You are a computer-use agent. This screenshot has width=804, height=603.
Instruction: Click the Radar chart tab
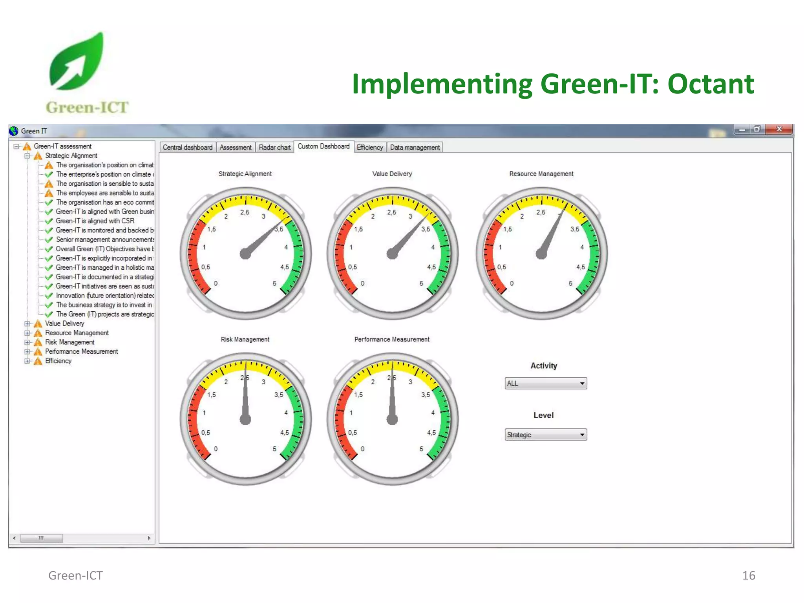[274, 148]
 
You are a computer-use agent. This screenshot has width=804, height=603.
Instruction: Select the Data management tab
[415, 148]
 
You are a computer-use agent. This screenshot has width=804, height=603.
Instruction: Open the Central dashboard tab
[187, 148]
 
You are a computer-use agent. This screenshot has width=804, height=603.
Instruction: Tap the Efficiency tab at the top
[369, 148]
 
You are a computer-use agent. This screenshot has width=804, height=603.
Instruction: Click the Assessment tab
[236, 148]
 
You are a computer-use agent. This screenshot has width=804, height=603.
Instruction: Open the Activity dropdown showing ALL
[545, 383]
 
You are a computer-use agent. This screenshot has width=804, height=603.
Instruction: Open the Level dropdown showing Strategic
[545, 435]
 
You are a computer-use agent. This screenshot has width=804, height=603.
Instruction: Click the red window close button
[779, 129]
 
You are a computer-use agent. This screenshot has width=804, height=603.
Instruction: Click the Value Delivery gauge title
[392, 174]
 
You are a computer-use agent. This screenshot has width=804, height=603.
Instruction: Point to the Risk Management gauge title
[245, 339]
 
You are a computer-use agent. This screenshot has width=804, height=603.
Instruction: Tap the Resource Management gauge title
[541, 174]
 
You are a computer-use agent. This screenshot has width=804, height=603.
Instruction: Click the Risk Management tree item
[69, 342]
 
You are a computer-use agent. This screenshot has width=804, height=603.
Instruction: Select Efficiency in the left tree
[58, 361]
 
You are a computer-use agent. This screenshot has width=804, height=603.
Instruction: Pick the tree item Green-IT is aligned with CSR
[95, 221]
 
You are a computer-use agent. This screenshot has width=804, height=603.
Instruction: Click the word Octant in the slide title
[711, 84]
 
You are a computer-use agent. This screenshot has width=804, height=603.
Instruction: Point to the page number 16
[748, 576]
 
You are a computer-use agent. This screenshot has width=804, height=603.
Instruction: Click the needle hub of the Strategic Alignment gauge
[245, 254]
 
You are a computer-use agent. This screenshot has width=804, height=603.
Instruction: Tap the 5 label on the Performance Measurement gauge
[421, 449]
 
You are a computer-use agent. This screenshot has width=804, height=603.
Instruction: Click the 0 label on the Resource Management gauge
[512, 283]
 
